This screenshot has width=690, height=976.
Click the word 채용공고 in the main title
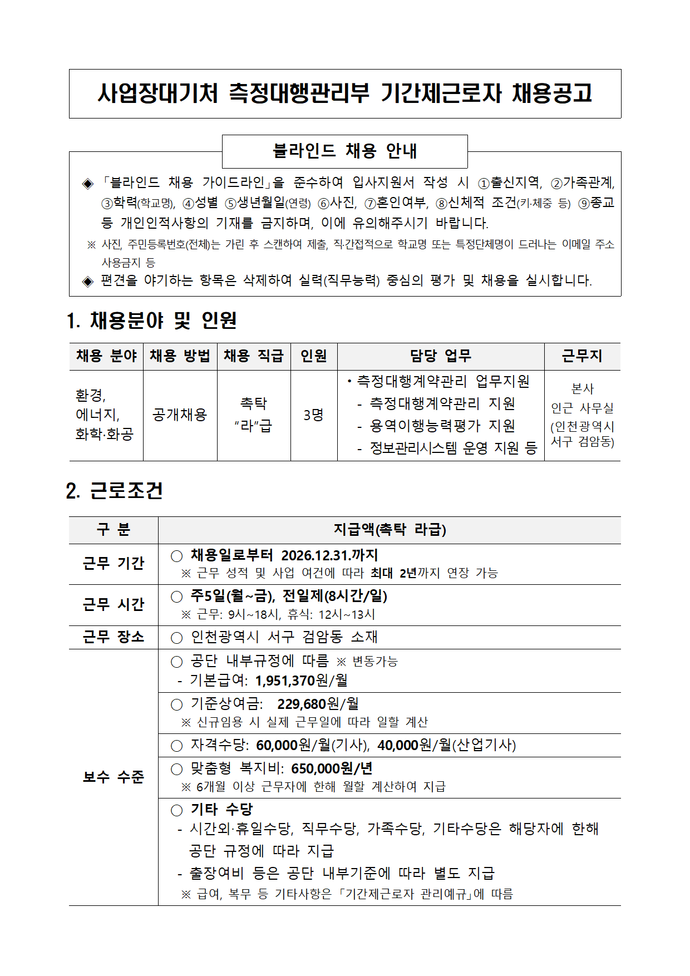(x=552, y=93)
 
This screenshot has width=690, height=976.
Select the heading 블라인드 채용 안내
(x=344, y=151)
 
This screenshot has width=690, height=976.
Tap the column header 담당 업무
(x=440, y=356)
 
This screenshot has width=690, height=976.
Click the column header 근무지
(x=582, y=356)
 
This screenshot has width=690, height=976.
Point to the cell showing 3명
(x=313, y=415)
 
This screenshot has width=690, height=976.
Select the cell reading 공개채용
(x=180, y=415)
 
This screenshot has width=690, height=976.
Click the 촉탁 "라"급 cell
(x=254, y=415)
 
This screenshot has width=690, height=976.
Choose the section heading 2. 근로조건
(x=115, y=490)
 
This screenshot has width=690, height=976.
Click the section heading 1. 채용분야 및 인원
(x=152, y=321)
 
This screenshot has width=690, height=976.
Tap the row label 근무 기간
(x=114, y=564)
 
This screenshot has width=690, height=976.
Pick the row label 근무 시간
(x=114, y=604)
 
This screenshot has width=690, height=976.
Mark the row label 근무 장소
(x=114, y=637)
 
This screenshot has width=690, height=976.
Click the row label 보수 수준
(x=114, y=777)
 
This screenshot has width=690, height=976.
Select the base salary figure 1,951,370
(x=285, y=681)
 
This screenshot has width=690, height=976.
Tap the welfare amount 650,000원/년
(x=332, y=768)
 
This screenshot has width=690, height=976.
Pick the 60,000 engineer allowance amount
(x=277, y=745)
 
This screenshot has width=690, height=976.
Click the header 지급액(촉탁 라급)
(x=390, y=530)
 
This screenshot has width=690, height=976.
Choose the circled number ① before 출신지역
(x=484, y=183)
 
